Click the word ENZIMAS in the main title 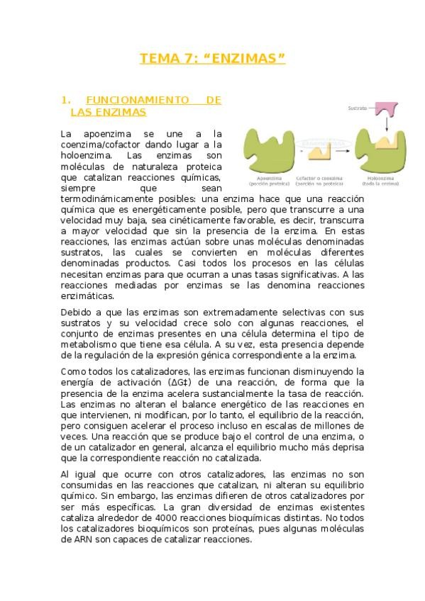click(244, 58)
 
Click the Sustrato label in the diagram click(357, 108)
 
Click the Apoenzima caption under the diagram click(267, 179)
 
